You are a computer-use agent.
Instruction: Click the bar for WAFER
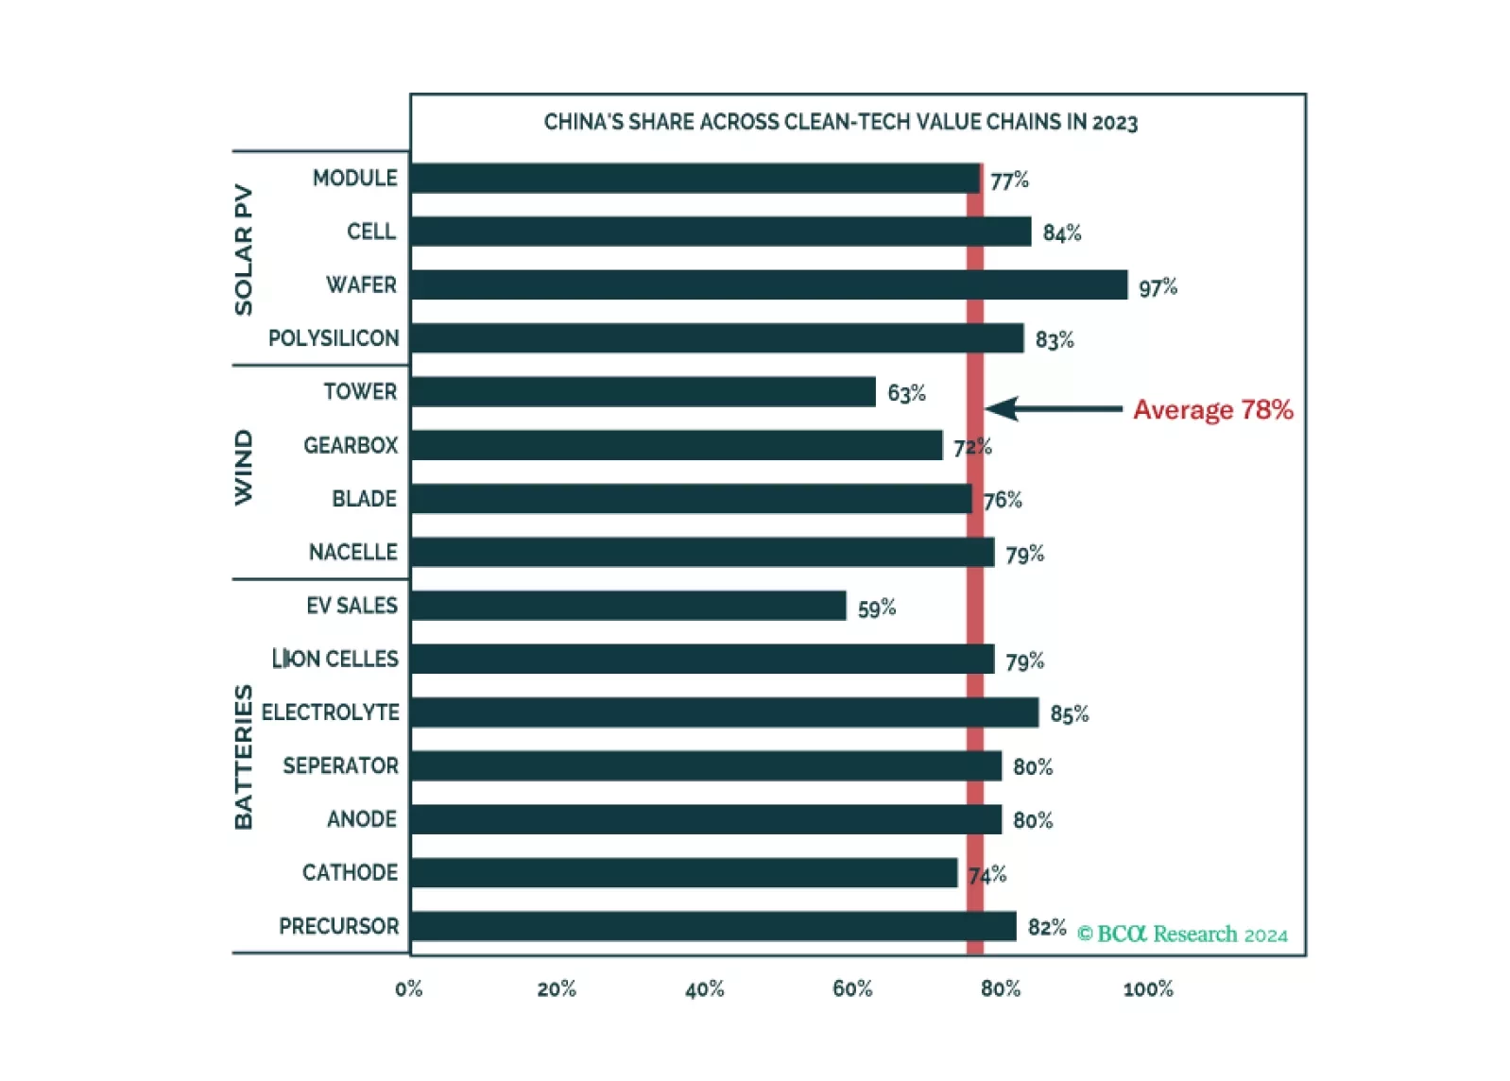768,284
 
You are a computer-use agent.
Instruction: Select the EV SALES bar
627,606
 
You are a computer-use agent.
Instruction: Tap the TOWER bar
643,391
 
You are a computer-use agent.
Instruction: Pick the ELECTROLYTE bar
724,712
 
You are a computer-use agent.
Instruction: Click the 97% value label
1158,287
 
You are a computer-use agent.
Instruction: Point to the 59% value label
876,609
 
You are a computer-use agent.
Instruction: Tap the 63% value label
906,393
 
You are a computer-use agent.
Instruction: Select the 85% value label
1069,714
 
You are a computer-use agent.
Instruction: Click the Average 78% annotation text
1212,410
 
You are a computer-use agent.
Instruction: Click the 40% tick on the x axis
704,989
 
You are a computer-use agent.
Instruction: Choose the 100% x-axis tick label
1147,989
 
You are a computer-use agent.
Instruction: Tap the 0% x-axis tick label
408,989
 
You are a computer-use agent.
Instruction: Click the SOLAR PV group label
244,249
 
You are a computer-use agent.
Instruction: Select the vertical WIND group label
244,467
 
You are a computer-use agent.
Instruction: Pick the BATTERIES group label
244,756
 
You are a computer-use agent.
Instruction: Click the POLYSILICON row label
333,338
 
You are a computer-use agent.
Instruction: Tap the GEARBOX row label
350,445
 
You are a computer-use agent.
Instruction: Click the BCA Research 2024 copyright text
1182,935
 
